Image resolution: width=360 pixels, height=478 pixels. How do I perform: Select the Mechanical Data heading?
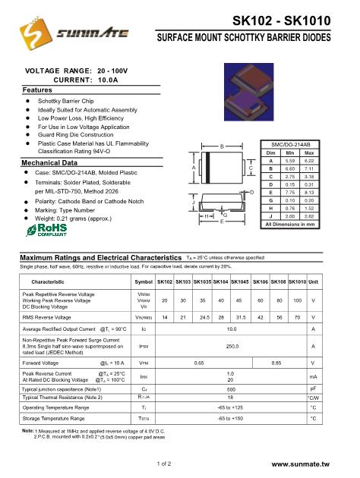point(52,163)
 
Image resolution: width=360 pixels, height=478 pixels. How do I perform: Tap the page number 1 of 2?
point(166,463)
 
